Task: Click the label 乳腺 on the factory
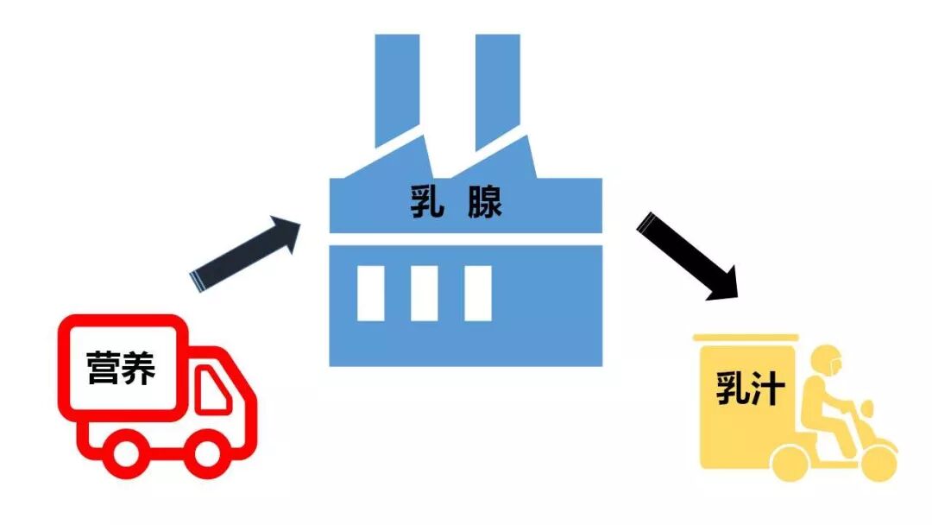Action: (457, 205)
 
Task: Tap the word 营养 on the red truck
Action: (122, 369)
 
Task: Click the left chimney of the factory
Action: (397, 86)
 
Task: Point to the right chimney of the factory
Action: (497, 86)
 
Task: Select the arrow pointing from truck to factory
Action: (246, 255)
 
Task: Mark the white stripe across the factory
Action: (466, 239)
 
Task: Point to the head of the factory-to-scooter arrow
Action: (723, 283)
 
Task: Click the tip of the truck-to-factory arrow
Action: (298, 225)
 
